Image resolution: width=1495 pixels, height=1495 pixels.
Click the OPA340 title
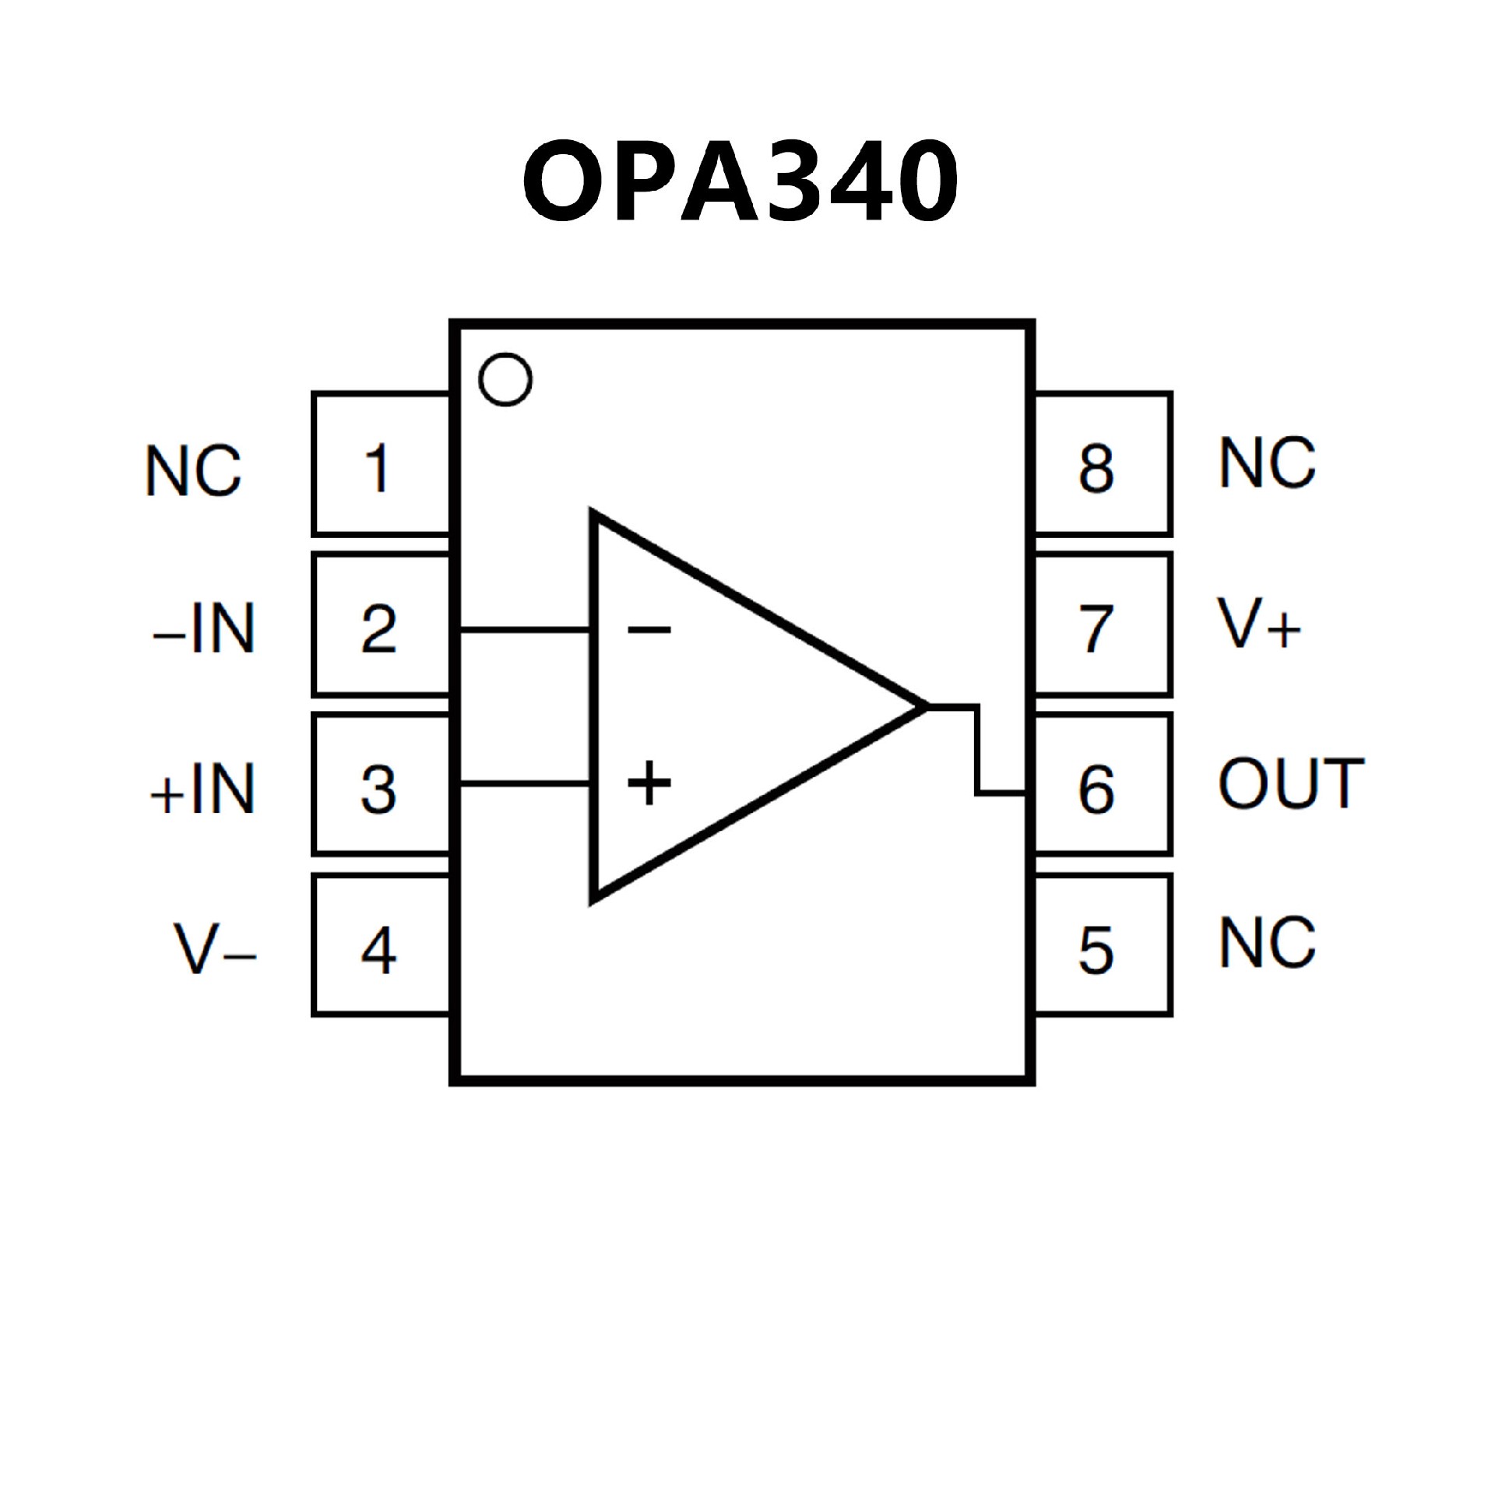coord(740,181)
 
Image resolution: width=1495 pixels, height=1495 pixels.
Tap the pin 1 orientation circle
coord(505,379)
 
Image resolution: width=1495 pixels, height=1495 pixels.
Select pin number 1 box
coord(380,466)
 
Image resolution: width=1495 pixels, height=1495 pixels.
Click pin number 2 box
coord(380,625)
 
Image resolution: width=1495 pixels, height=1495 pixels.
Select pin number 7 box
coord(1102,625)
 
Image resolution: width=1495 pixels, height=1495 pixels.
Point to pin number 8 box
coord(1102,466)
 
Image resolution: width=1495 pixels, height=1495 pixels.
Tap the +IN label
coord(202,789)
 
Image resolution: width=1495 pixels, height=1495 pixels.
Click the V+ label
coord(1258,624)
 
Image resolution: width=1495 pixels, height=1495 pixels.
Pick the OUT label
coord(1291,783)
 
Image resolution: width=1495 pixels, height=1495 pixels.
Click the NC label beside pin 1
coord(193,470)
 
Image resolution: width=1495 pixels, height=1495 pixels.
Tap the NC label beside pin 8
coord(1267,463)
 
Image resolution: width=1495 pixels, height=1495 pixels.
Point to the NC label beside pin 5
coord(1267,942)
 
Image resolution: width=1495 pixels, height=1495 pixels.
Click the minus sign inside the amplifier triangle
coord(649,628)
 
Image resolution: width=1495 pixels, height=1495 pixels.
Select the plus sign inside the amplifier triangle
coord(649,783)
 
